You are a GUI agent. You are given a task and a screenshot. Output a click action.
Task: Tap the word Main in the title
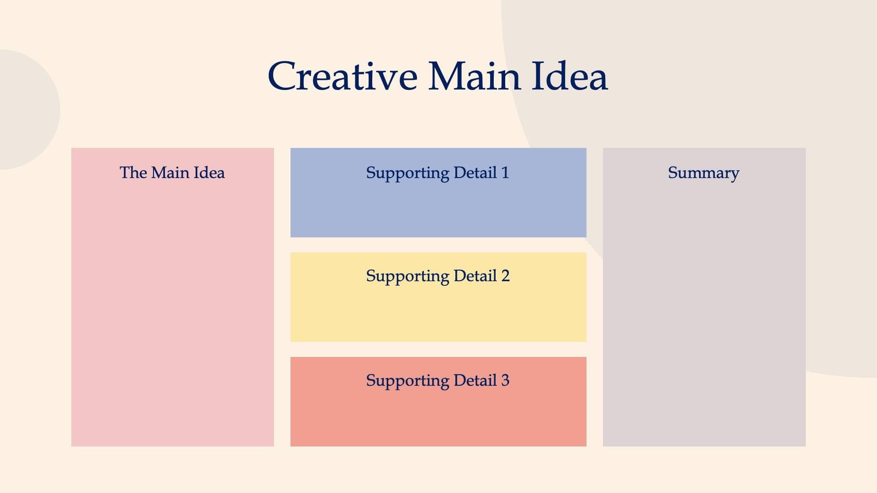(x=474, y=76)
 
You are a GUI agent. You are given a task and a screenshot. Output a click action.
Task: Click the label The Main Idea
(x=172, y=173)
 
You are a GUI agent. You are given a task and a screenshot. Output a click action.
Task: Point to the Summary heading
(x=703, y=173)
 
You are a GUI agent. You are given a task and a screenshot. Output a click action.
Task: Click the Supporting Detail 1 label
(x=437, y=173)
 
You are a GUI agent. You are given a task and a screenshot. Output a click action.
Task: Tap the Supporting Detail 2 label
(x=437, y=276)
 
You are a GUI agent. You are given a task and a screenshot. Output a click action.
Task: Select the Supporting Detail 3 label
(x=437, y=380)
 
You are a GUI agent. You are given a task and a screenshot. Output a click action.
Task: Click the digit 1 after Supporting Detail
(x=505, y=173)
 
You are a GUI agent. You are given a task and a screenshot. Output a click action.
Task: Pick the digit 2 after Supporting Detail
(x=505, y=276)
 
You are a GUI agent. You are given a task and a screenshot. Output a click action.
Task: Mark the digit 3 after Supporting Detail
(x=505, y=380)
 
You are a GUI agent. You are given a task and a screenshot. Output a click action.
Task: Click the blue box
(x=438, y=210)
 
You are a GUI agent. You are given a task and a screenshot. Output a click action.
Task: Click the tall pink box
(x=172, y=310)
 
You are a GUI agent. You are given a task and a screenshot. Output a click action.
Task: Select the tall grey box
(x=704, y=310)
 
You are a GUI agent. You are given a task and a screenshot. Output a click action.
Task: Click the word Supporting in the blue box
(x=407, y=173)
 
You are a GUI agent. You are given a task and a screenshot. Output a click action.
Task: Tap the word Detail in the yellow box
(x=475, y=276)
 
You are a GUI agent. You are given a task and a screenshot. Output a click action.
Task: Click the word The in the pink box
(x=133, y=173)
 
